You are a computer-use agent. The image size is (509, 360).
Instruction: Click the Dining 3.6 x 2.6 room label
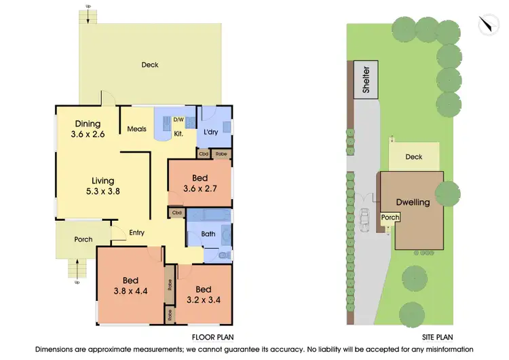[88, 129]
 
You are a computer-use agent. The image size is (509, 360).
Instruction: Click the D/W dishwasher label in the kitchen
[178, 120]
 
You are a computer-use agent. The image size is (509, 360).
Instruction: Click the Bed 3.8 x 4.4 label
[130, 286]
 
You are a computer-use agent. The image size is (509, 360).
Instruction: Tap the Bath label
[208, 234]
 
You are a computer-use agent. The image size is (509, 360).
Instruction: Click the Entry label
[136, 233]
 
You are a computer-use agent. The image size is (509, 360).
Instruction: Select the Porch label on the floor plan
[83, 239]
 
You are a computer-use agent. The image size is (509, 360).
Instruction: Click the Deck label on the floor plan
[150, 65]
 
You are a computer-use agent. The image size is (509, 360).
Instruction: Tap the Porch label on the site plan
[390, 218]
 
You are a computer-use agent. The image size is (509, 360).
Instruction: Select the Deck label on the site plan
[413, 157]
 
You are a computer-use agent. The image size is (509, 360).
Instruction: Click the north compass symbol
[487, 25]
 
